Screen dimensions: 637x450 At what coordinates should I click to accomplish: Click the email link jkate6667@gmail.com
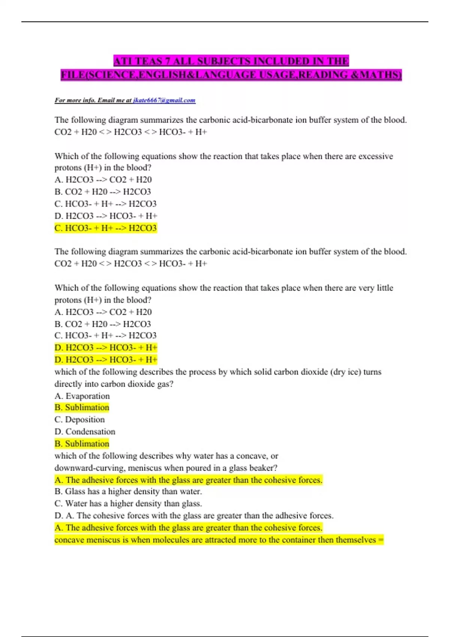click(x=164, y=100)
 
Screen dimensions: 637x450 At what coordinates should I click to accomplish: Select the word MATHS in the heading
click(x=379, y=75)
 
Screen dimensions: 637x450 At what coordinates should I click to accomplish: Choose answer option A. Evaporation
click(x=82, y=396)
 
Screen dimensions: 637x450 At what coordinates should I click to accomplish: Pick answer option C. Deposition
click(x=79, y=419)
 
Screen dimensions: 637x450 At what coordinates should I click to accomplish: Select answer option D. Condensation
click(x=85, y=431)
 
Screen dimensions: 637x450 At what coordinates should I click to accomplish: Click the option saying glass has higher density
click(x=128, y=491)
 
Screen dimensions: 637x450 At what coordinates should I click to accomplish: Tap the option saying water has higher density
click(x=128, y=503)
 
